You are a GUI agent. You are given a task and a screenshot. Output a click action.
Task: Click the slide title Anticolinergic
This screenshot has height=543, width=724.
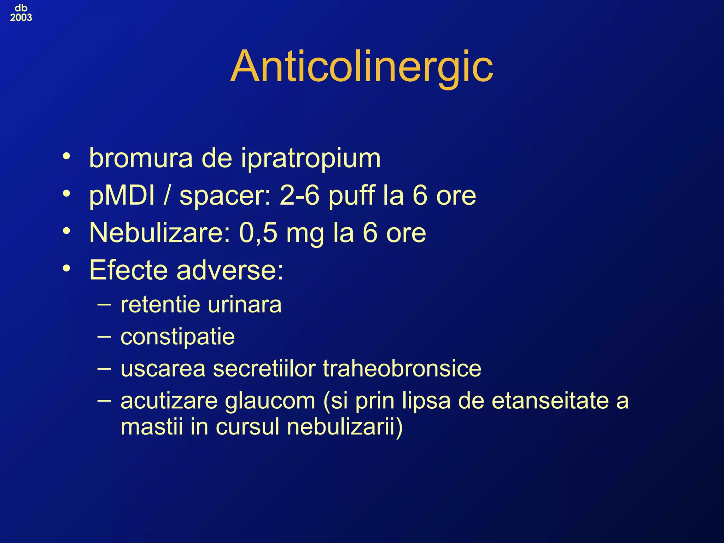point(361,66)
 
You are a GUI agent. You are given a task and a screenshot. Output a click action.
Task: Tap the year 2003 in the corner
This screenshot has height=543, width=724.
point(21,18)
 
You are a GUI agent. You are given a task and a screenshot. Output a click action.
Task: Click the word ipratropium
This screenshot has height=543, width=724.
point(311,158)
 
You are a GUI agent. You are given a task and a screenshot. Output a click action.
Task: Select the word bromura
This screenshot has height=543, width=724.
point(141,158)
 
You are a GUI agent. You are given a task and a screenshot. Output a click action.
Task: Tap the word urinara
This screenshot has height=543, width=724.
point(244,304)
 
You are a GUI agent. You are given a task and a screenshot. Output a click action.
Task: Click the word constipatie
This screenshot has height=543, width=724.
point(177,337)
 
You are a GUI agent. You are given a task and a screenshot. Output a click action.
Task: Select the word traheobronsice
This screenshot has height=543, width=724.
point(402,369)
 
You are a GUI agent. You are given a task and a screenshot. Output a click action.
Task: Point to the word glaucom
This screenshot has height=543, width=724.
point(270,401)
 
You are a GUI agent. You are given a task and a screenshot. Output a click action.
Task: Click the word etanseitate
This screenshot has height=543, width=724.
point(550,401)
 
